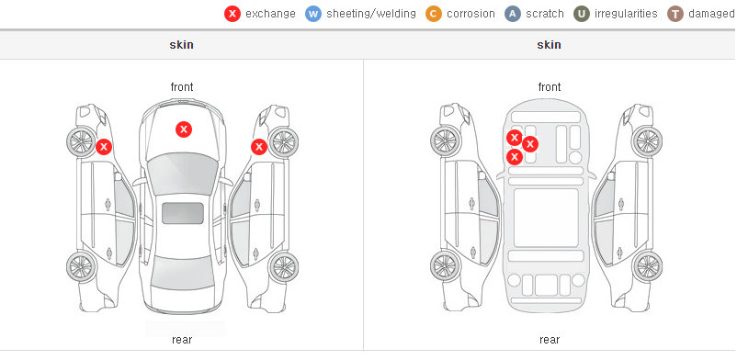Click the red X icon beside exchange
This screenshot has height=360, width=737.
click(x=232, y=14)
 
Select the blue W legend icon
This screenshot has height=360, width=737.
click(x=313, y=14)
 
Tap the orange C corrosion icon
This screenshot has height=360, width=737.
click(x=434, y=14)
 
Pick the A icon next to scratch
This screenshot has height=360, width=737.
click(x=513, y=14)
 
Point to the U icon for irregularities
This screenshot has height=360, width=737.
click(x=582, y=14)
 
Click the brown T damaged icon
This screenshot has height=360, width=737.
click(x=675, y=14)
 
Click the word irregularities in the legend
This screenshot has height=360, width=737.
click(x=626, y=14)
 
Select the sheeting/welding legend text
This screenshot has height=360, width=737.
click(x=371, y=14)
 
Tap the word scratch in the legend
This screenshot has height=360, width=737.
click(x=545, y=14)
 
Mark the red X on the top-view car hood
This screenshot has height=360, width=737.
click(x=184, y=129)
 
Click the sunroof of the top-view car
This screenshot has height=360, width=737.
click(x=183, y=213)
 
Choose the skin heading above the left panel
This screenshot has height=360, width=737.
click(x=181, y=45)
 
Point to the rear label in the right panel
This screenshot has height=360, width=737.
click(x=550, y=340)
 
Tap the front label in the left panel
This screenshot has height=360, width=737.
click(x=182, y=87)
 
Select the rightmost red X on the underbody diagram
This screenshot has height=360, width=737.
click(x=530, y=144)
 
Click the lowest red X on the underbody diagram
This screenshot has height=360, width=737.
click(x=515, y=156)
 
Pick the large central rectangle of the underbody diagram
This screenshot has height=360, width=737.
click(x=546, y=218)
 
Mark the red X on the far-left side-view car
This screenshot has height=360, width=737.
click(x=104, y=147)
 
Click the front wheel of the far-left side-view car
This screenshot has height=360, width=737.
click(x=81, y=141)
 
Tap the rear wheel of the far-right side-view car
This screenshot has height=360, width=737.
click(x=648, y=266)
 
